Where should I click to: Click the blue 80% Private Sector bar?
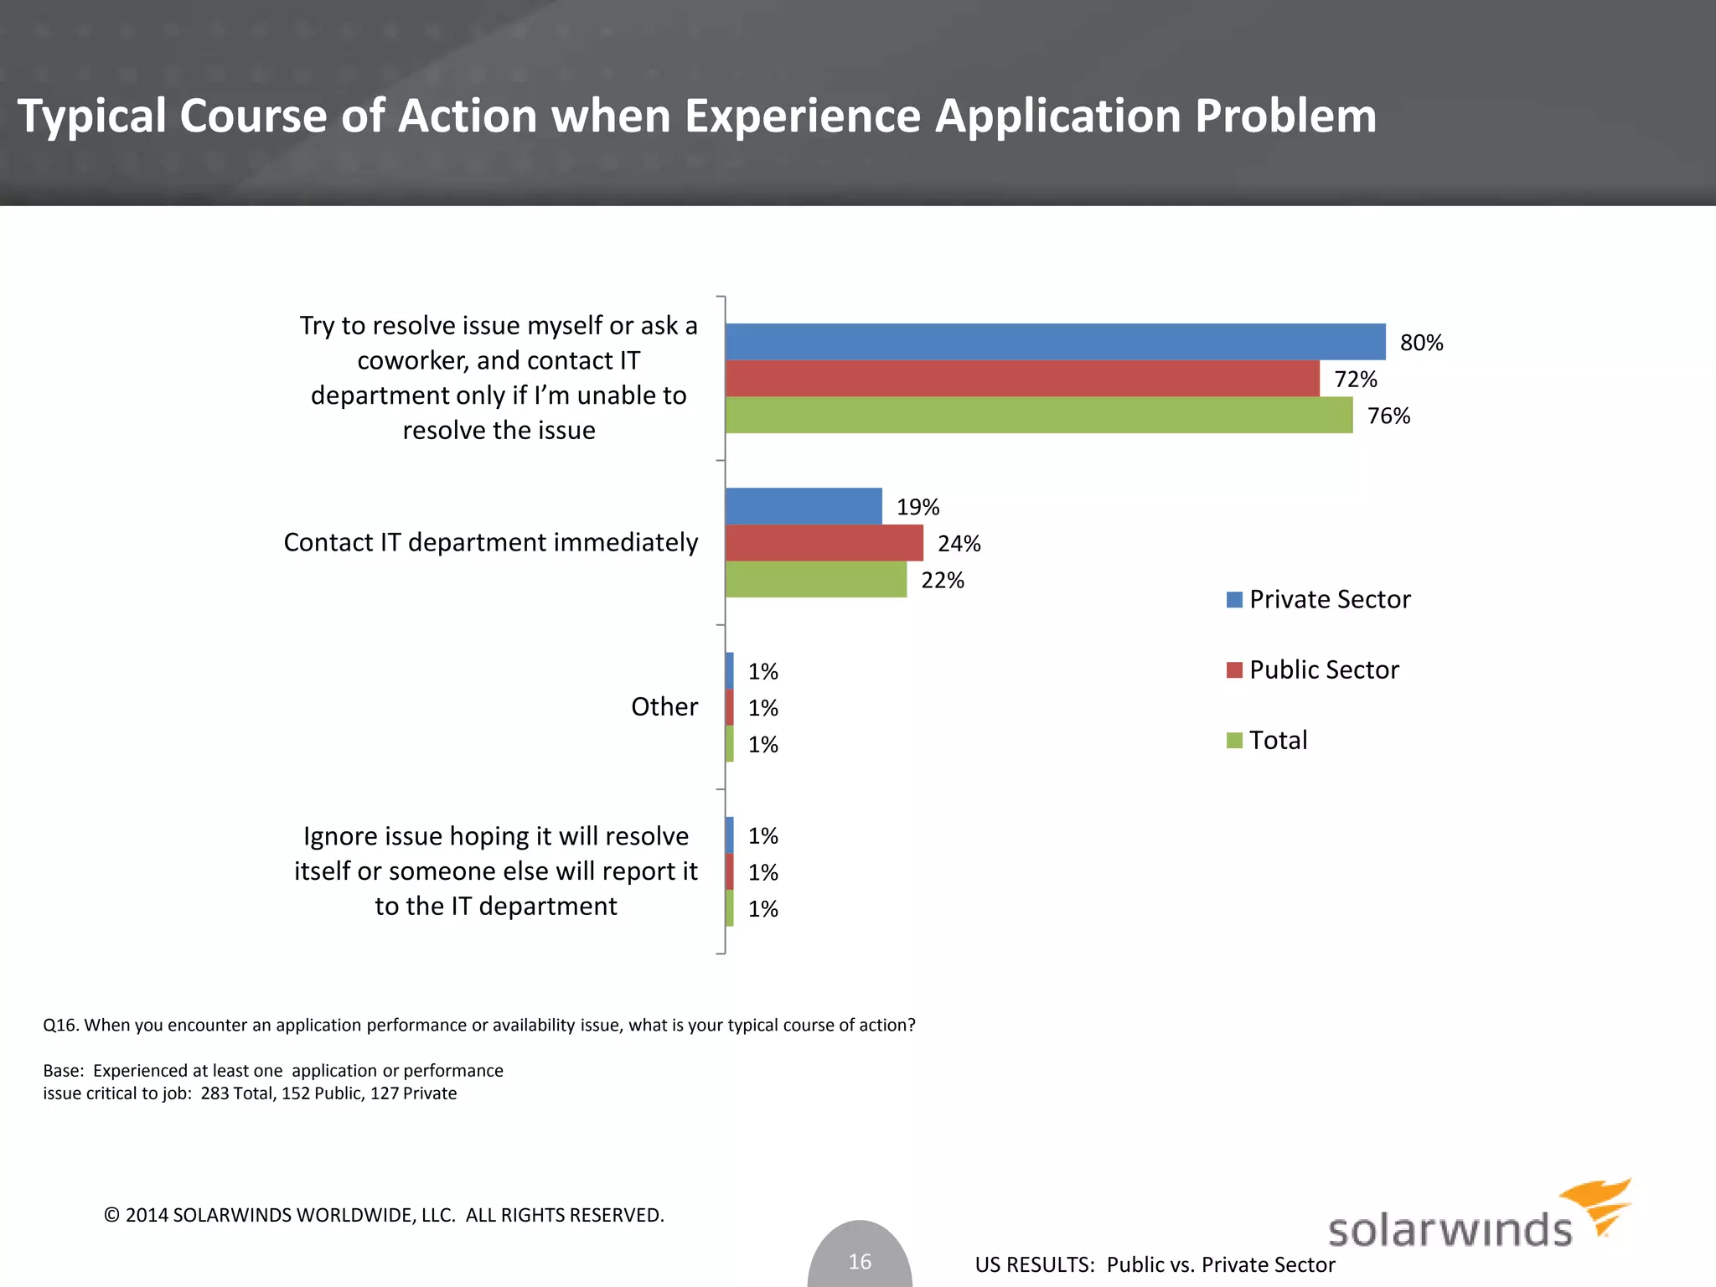(x=1055, y=342)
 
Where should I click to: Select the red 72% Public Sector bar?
(x=1022, y=379)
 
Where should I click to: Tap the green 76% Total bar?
(x=1039, y=416)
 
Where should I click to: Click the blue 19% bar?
(x=804, y=506)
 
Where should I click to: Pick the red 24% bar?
(x=824, y=543)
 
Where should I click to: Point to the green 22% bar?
(x=816, y=580)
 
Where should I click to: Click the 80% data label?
(x=1421, y=343)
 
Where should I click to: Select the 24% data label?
(x=959, y=544)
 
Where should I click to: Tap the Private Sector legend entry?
(x=1329, y=599)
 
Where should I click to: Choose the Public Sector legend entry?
(x=1323, y=669)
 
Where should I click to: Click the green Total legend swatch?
(x=1234, y=741)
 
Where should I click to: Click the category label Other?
(x=664, y=706)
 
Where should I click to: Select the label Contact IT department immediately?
(x=490, y=542)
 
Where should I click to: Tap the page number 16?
(x=860, y=1261)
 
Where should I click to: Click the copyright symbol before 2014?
(x=111, y=1215)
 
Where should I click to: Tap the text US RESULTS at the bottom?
(x=1034, y=1264)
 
